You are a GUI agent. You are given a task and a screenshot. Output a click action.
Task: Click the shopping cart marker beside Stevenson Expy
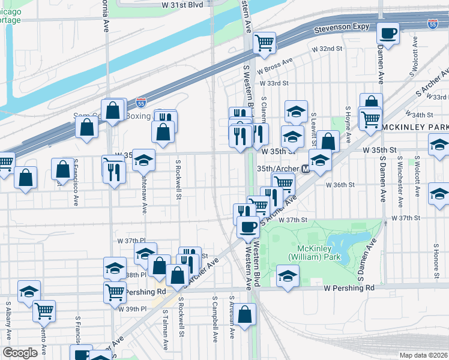click(x=264, y=43)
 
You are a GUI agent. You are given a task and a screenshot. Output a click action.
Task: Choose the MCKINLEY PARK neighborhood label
click(x=414, y=127)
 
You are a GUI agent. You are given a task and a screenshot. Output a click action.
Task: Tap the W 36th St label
click(x=337, y=185)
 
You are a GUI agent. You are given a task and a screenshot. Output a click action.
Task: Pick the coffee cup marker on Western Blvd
click(x=248, y=227)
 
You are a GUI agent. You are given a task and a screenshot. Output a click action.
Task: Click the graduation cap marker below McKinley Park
click(x=288, y=277)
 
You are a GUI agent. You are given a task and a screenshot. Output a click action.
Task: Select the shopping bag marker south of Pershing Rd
click(x=245, y=314)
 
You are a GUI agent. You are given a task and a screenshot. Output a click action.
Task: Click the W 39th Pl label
click(x=134, y=309)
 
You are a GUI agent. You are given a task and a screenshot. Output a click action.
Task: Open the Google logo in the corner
click(x=20, y=353)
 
